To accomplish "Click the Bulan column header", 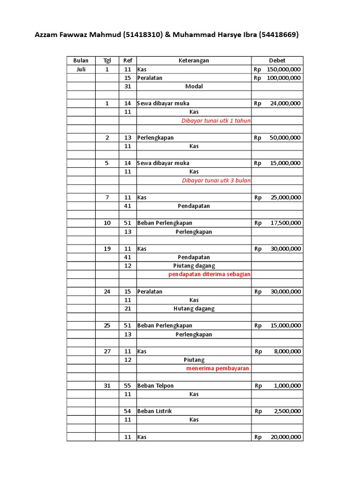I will tap(81, 60).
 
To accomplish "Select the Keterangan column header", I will tap(194, 60).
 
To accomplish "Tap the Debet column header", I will tap(277, 60).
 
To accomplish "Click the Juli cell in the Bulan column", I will tap(81, 69).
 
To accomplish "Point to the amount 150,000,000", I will tap(284, 69).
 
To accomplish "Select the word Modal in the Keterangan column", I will tap(194, 87).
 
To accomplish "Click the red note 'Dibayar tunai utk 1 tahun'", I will tap(216, 120).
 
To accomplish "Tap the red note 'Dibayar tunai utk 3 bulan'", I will tap(216, 180).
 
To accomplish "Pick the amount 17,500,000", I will tap(285, 223).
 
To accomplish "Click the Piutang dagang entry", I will tap(194, 266).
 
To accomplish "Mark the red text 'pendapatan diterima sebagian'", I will tap(210, 274).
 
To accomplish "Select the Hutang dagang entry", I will tap(194, 308).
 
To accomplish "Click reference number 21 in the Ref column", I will tap(127, 308).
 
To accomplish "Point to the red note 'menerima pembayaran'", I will tap(217, 368).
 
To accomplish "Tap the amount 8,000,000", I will tap(287, 352).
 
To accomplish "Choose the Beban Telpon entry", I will tap(155, 386).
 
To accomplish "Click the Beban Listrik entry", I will tap(154, 411).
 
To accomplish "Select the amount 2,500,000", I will tap(287, 411).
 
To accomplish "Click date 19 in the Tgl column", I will tap(107, 249).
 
